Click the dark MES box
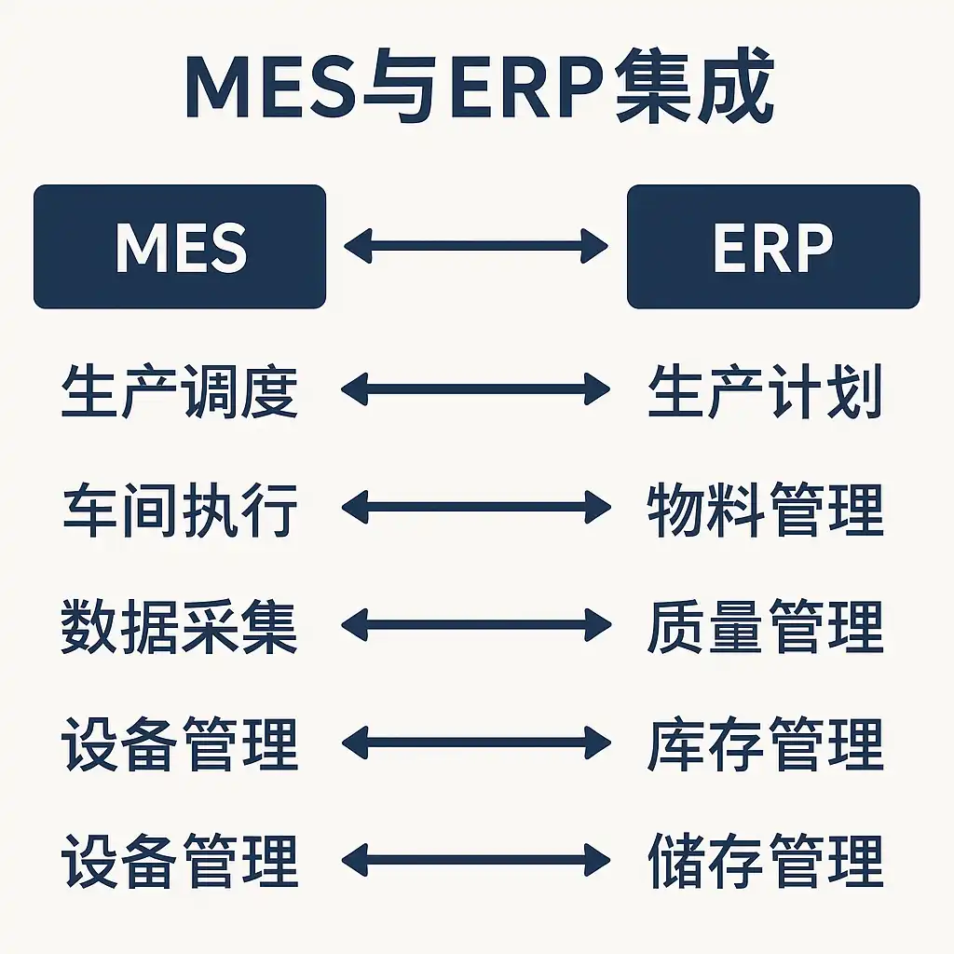[180, 247]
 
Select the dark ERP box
[772, 247]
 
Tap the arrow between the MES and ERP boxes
[476, 247]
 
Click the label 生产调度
[180, 392]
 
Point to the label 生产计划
[765, 392]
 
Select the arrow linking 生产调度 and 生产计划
[476, 389]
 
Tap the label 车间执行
[180, 510]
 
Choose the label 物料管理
[765, 510]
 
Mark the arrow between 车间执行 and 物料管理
[476, 508]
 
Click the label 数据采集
[180, 627]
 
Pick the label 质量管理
[765, 627]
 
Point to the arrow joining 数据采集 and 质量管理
[476, 625]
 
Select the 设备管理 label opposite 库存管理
[180, 744]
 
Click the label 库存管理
[765, 744]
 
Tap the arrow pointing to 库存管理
[476, 743]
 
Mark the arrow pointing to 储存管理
[476, 859]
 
